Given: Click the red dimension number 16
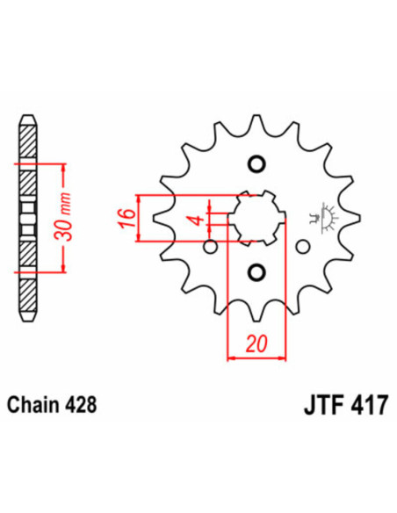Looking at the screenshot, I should coord(126,216).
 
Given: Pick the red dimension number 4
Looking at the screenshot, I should coord(199,217).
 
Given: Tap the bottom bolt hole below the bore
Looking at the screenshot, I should coord(256,271).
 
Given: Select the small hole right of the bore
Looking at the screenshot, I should coord(304,247).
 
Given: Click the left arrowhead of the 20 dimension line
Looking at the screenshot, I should coord(231,358).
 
